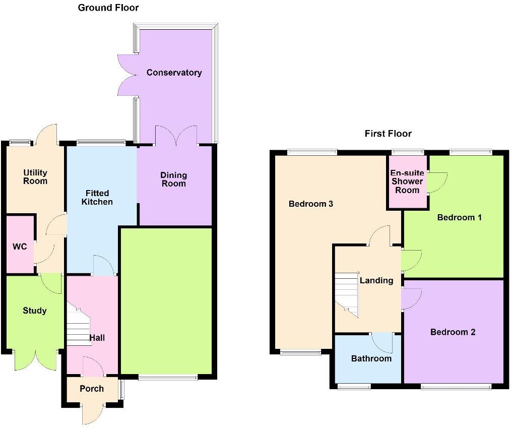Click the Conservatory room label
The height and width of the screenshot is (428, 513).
[174, 73]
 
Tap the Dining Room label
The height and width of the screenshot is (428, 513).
[173, 179]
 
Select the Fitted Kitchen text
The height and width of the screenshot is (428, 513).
[97, 197]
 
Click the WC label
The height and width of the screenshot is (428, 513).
[20, 247]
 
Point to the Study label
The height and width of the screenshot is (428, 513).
[35, 311]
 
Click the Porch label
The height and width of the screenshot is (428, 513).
[92, 388]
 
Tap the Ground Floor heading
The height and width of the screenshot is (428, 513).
[108, 8]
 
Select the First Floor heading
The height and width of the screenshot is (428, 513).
[388, 134]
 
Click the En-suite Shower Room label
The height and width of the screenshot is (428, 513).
[407, 181]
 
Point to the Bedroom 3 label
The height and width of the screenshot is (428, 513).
[311, 204]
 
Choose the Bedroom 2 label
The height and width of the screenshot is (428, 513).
[453, 332]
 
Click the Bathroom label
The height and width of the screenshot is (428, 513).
[371, 358]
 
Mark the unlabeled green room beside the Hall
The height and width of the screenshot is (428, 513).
[166, 302]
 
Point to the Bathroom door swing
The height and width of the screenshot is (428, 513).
[383, 343]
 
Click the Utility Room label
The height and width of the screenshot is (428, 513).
[35, 177]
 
